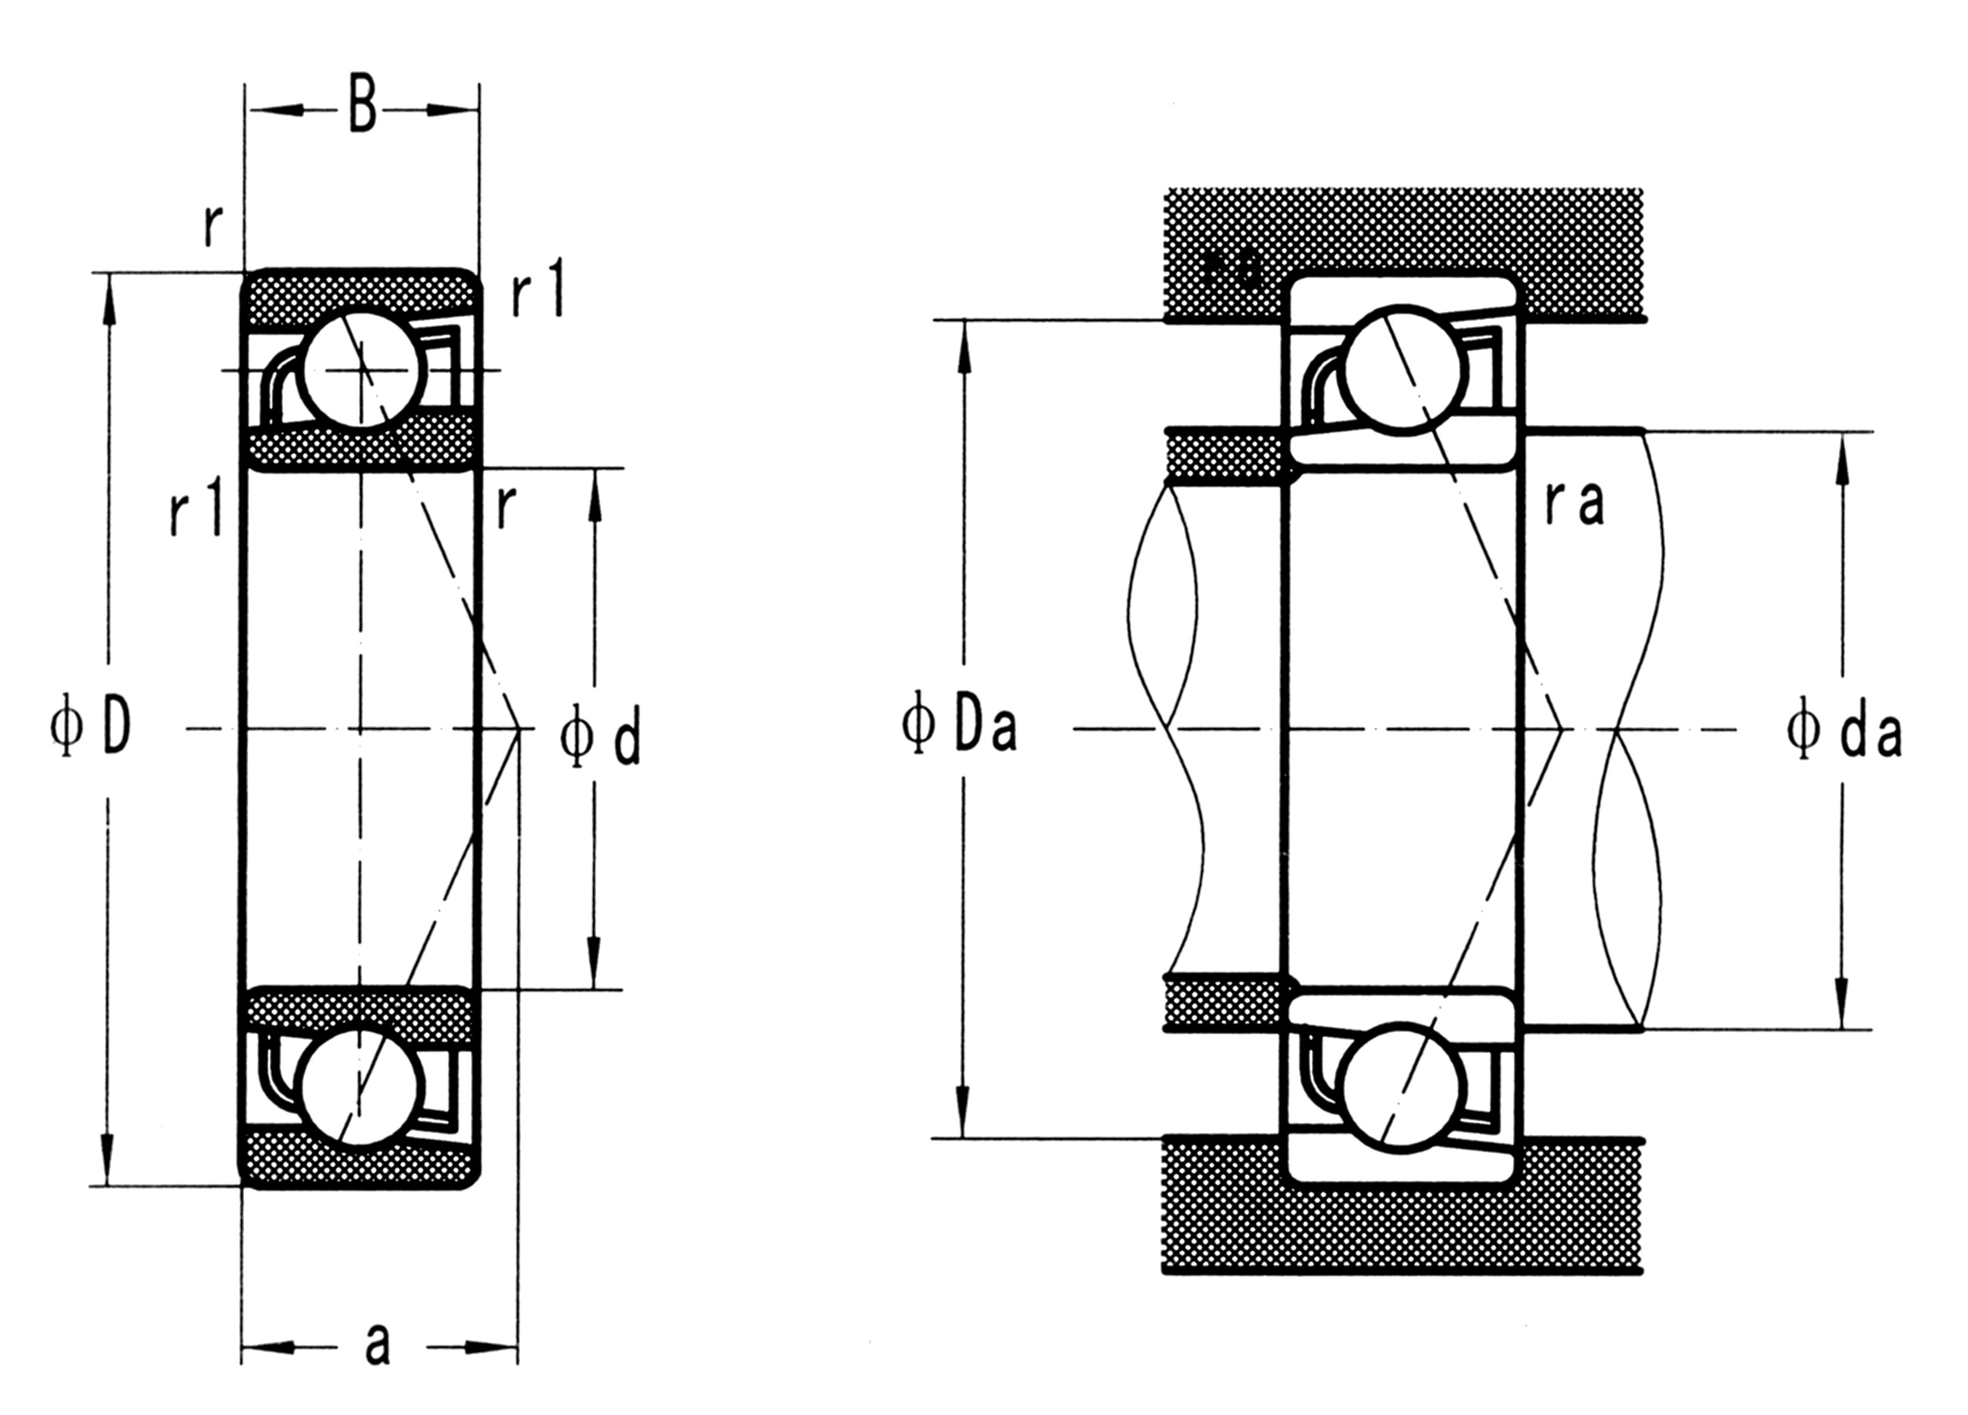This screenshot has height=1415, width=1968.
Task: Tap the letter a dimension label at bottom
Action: (377, 1346)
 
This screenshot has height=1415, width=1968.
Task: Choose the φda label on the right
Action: (1844, 734)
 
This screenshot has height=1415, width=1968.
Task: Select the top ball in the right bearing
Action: (1402, 369)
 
